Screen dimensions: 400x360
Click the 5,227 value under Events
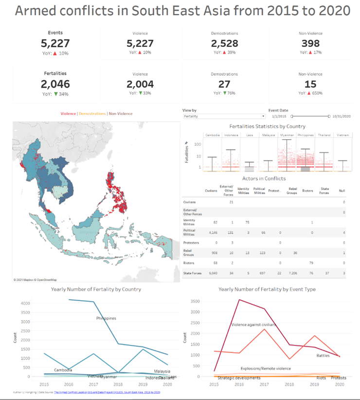pos(55,43)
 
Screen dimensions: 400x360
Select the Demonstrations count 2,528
pos(224,43)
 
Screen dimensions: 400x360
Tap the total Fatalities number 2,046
pos(55,84)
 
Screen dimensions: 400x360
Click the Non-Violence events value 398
pos(310,43)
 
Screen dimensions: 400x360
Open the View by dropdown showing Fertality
pos(224,116)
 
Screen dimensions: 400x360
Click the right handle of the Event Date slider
pos(329,116)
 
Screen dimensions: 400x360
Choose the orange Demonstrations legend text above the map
pos(92,113)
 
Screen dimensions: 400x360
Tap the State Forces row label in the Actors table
pos(192,273)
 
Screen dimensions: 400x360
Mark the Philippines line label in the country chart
pos(106,318)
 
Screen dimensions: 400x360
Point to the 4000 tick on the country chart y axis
pos(24,303)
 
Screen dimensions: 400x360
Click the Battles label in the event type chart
pos(323,356)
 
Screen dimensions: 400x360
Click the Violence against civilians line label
pos(253,324)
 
